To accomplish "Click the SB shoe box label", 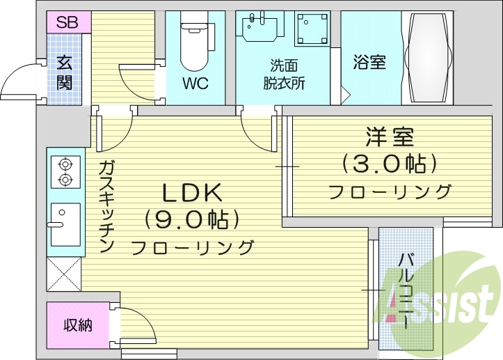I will (x=67, y=22).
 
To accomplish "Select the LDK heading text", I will (x=191, y=191).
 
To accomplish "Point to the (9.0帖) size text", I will (x=191, y=219).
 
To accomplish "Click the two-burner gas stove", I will (x=65, y=172).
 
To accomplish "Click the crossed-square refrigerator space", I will (x=63, y=273).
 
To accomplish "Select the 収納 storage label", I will (x=78, y=325).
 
